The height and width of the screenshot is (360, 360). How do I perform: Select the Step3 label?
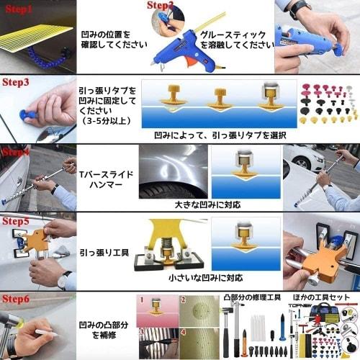click(x=16, y=81)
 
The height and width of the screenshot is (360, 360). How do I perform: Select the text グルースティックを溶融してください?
click(x=238, y=39)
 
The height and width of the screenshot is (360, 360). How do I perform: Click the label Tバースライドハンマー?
click(x=105, y=179)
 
